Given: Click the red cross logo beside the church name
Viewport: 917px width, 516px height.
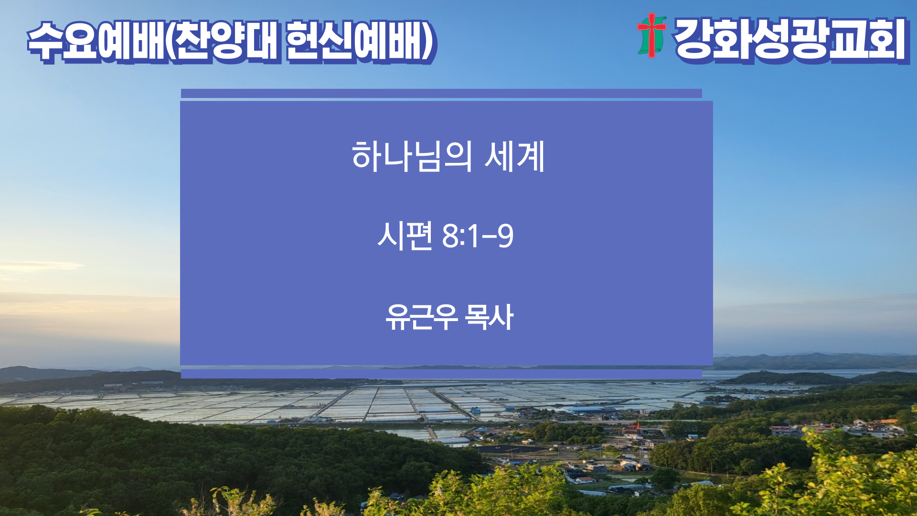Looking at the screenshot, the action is point(651,35).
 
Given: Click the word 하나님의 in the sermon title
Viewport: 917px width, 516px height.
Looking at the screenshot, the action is point(412,156).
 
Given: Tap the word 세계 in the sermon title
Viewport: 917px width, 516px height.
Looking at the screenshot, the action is point(514,156).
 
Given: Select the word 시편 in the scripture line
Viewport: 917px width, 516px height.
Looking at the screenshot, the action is point(405,236).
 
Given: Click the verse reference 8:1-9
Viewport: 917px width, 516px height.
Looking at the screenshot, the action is point(478,236).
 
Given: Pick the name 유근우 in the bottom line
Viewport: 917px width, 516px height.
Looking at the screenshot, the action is point(422,317).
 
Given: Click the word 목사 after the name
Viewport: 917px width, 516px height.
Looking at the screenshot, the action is point(489,317).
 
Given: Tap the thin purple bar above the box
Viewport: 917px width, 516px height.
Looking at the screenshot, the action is point(441,93).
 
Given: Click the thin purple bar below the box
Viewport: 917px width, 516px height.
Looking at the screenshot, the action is point(441,373).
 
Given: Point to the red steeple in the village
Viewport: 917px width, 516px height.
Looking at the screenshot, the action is point(638,425).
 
